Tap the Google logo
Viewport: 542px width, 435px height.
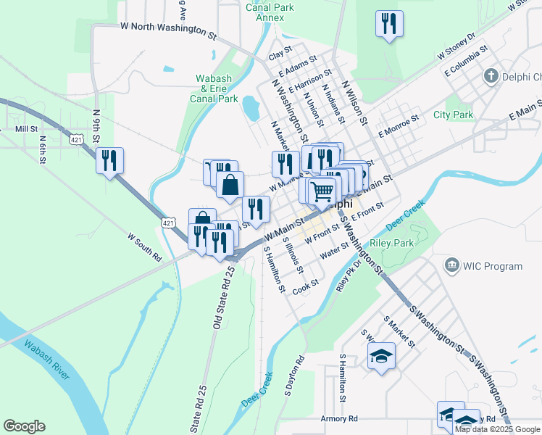tap(24, 426)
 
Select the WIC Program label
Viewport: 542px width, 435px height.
tap(493, 266)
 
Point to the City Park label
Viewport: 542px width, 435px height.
tap(453, 115)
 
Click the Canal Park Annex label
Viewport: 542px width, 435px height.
tap(270, 13)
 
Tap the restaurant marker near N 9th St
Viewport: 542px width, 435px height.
tap(109, 160)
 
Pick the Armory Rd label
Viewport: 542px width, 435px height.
tap(339, 419)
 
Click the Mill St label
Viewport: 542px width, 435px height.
tap(26, 128)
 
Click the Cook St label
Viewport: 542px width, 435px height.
tap(306, 287)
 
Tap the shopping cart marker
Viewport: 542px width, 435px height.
tap(322, 191)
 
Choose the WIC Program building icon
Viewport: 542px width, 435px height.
tap(454, 266)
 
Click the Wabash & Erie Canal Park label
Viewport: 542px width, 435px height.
tap(214, 88)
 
